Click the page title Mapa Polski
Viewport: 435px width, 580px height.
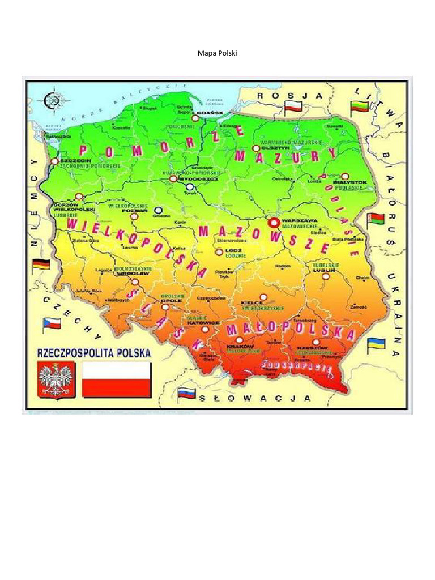[217, 53]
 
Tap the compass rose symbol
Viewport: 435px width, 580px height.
[53, 99]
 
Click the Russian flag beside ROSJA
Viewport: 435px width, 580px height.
[294, 106]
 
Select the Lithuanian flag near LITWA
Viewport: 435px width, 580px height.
[360, 106]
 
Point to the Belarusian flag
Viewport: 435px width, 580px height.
[376, 220]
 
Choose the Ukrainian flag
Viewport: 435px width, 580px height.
[377, 343]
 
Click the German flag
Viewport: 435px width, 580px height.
[41, 265]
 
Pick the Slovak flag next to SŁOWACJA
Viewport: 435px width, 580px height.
[186, 394]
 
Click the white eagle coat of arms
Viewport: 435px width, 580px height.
[56, 379]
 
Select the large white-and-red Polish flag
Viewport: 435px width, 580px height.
[117, 379]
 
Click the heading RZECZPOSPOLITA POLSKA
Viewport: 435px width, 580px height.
[94, 353]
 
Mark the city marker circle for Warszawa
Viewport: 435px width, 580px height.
[274, 223]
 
